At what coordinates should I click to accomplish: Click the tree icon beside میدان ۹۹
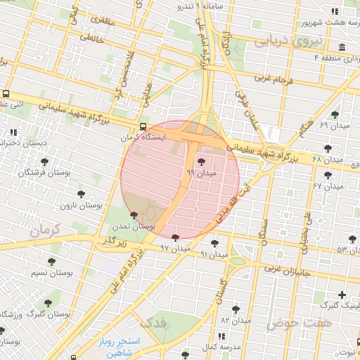tap(202, 162)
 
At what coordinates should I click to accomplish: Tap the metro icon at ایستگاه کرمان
tap(143, 127)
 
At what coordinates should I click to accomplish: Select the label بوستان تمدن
tap(138, 226)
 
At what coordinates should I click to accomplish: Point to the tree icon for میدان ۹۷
tap(175, 238)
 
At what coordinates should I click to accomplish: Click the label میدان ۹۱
tap(214, 254)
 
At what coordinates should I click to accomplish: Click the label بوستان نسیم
tap(53, 272)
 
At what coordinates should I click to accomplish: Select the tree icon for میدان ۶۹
tap(334, 113)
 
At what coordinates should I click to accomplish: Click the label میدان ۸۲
tap(236, 320)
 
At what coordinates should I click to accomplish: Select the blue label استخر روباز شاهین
tap(120, 347)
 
